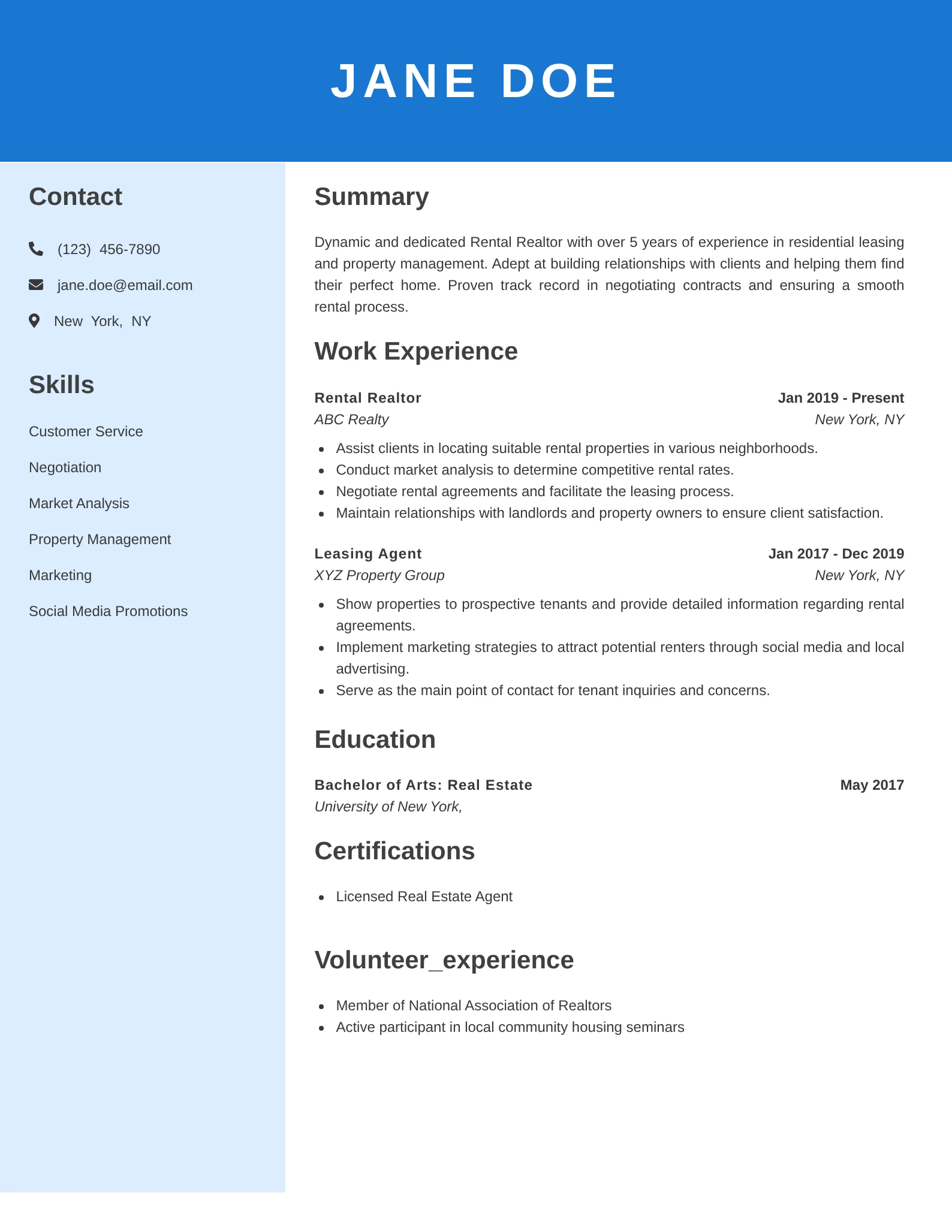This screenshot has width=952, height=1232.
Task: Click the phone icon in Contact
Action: click(x=36, y=249)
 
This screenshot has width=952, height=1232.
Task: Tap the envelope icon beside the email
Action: click(x=36, y=285)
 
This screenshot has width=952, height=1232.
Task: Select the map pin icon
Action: click(x=34, y=321)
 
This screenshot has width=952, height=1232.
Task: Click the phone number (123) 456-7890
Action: click(x=109, y=249)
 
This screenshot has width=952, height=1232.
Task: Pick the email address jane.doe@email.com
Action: click(x=125, y=285)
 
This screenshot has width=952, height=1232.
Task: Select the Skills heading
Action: click(x=61, y=385)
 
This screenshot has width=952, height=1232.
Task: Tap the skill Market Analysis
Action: click(x=79, y=503)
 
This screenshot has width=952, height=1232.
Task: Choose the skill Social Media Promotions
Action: click(x=108, y=611)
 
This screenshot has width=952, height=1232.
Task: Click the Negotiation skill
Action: click(x=65, y=467)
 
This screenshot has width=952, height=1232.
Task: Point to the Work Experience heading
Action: click(x=415, y=351)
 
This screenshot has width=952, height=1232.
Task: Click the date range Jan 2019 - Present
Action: click(x=840, y=398)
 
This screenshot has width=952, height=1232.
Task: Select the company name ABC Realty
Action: click(x=351, y=419)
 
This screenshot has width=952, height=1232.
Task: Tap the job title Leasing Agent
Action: click(x=367, y=554)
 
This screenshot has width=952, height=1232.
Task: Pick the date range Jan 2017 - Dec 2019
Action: click(x=836, y=554)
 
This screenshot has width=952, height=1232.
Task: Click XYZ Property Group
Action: click(x=379, y=575)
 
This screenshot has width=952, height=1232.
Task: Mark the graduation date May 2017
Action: click(x=872, y=785)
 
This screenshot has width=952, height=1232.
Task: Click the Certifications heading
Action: click(x=394, y=851)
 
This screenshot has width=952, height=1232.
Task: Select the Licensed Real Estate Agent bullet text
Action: click(x=424, y=896)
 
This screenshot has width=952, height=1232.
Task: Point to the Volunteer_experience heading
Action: click(x=444, y=960)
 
